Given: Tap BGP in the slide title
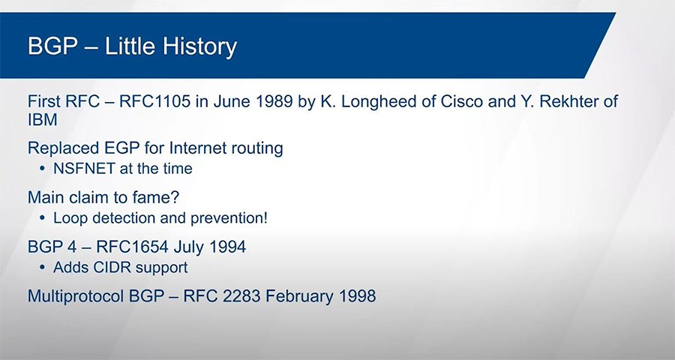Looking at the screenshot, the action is click(x=53, y=46).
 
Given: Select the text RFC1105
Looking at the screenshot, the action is click(x=154, y=102).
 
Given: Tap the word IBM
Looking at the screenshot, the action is click(x=43, y=120).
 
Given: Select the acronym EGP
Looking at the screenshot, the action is click(x=122, y=148).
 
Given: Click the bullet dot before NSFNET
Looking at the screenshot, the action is click(x=42, y=169).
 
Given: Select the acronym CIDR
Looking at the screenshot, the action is click(x=103, y=268).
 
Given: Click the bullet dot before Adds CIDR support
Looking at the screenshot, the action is click(x=42, y=268).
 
